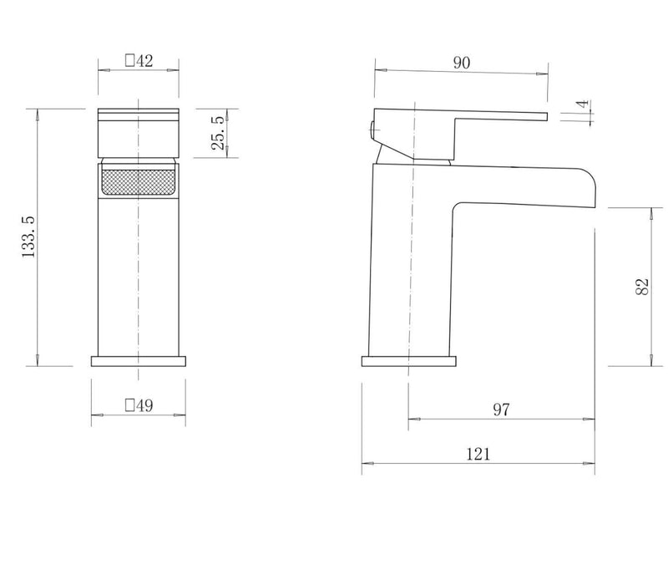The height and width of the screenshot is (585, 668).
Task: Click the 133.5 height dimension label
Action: pyautogui.click(x=28, y=237)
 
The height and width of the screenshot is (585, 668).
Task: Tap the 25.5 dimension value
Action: pyautogui.click(x=218, y=133)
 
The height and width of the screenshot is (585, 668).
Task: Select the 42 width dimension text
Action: pyautogui.click(x=144, y=60)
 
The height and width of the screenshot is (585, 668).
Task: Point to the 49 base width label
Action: pyautogui.click(x=144, y=405)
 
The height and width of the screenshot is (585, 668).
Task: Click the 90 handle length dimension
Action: pyautogui.click(x=462, y=63)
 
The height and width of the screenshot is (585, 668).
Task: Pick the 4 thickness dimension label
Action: pyautogui.click(x=583, y=104)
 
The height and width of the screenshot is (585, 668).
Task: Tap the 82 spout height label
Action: pyautogui.click(x=641, y=287)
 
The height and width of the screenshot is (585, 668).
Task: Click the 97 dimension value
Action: pyautogui.click(x=501, y=409)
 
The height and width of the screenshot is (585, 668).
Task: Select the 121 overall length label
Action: pyautogui.click(x=478, y=454)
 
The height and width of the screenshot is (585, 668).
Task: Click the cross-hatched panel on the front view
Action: pyautogui.click(x=139, y=183)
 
